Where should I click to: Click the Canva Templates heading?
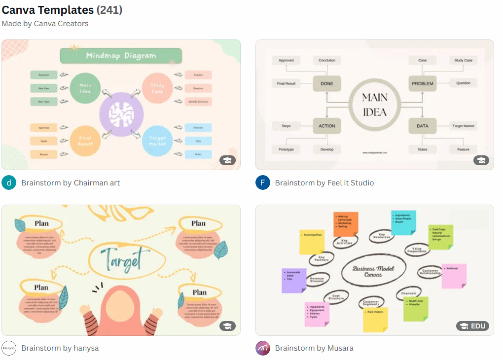pos(48,10)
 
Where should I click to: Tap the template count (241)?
pos(109,10)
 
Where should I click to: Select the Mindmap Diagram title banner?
pos(121,56)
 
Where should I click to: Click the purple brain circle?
pos(121,114)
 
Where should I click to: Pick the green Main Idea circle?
pos(85,88)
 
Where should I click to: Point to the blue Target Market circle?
pos(157,141)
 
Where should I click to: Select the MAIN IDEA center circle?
pos(374,105)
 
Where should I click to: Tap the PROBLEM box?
pos(423,84)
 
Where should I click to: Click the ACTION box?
pos(326,126)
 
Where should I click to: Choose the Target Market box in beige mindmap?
pos(463,126)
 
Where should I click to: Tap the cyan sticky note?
pos(403,222)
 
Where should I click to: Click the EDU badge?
pos(472,326)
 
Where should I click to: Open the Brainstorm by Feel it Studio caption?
pos(324,183)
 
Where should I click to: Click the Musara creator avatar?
pos(263,348)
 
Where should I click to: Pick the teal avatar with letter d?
pos(9,183)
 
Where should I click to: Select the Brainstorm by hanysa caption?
pos(60,348)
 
